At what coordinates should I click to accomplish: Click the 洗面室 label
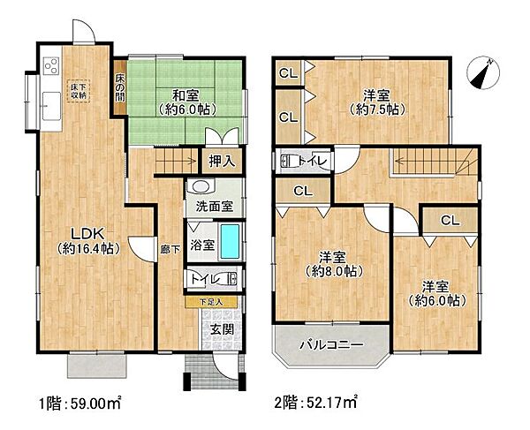point(214,207)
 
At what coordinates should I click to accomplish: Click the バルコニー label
point(330,343)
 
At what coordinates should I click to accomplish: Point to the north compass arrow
point(483,72)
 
